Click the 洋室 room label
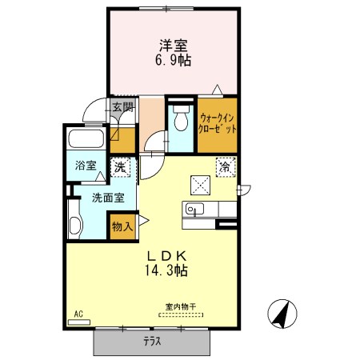[x=174, y=46]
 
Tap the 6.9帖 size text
[x=174, y=61]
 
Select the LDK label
[x=167, y=256]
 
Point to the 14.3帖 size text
[x=166, y=270]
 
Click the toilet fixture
[x=181, y=118]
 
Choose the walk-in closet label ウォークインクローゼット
[x=218, y=123]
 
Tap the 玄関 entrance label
[x=122, y=107]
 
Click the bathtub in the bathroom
[x=86, y=138]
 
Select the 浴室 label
[x=86, y=166]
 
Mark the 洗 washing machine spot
[x=120, y=167]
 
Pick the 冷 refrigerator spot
[x=226, y=167]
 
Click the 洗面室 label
[x=108, y=198]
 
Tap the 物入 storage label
[x=122, y=226]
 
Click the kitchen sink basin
[x=194, y=209]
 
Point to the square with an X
[x=200, y=185]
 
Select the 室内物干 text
[x=181, y=306]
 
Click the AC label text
[x=78, y=314]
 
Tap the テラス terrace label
[x=152, y=342]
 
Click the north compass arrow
[x=282, y=314]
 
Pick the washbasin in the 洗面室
[x=75, y=225]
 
